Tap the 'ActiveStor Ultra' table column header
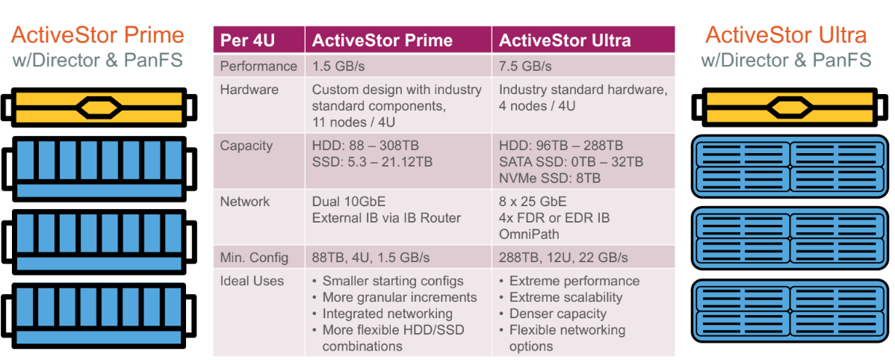[x=565, y=40]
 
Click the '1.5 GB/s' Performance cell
[x=338, y=66]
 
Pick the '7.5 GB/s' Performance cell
[x=525, y=66]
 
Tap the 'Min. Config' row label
[x=255, y=258]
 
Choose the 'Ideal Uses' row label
[x=252, y=282]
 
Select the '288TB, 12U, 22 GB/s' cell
[x=563, y=258]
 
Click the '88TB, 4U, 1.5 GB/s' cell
[x=371, y=258]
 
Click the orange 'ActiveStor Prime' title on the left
[x=98, y=35]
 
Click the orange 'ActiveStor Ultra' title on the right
[x=786, y=35]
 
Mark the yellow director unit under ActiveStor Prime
[x=100, y=107]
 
